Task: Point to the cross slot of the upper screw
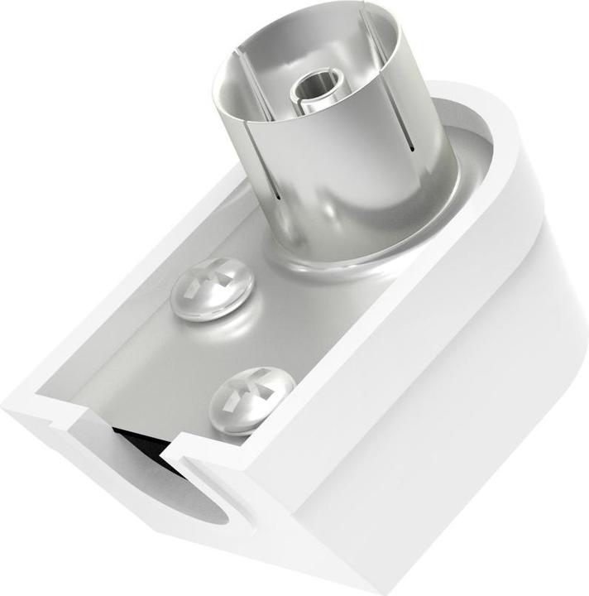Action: (207, 284)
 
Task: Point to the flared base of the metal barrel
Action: (356, 248)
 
